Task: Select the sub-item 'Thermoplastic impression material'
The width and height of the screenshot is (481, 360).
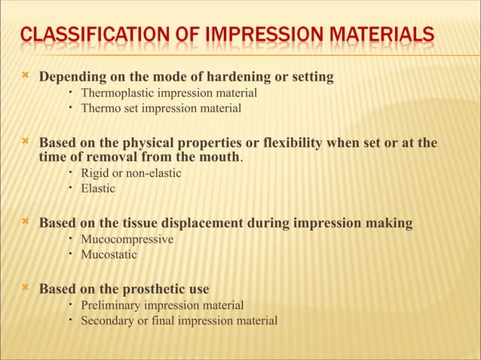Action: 169,93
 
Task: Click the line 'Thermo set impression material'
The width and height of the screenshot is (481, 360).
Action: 161,108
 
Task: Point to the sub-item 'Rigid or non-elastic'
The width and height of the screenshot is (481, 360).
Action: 131,174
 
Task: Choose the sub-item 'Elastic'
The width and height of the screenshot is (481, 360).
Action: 98,189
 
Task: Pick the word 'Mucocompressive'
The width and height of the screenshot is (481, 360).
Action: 127,239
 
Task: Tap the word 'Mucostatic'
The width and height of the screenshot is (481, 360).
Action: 109,255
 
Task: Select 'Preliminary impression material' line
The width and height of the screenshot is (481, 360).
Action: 162,306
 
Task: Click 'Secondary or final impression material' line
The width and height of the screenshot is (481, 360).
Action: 179,321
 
